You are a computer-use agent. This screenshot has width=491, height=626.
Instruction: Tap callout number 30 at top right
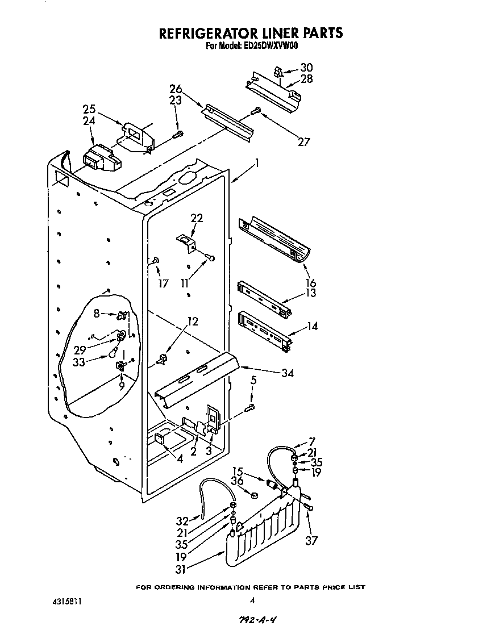[x=306, y=68]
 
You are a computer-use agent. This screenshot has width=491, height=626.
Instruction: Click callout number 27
[x=304, y=141]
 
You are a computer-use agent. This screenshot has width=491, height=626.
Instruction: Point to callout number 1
[x=257, y=163]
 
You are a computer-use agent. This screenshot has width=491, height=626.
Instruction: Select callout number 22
[x=197, y=218]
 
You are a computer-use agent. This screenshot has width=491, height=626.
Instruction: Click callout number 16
[x=310, y=283]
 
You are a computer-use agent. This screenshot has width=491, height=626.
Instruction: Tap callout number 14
[x=313, y=326]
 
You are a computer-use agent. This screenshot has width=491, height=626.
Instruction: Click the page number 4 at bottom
[x=251, y=600]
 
